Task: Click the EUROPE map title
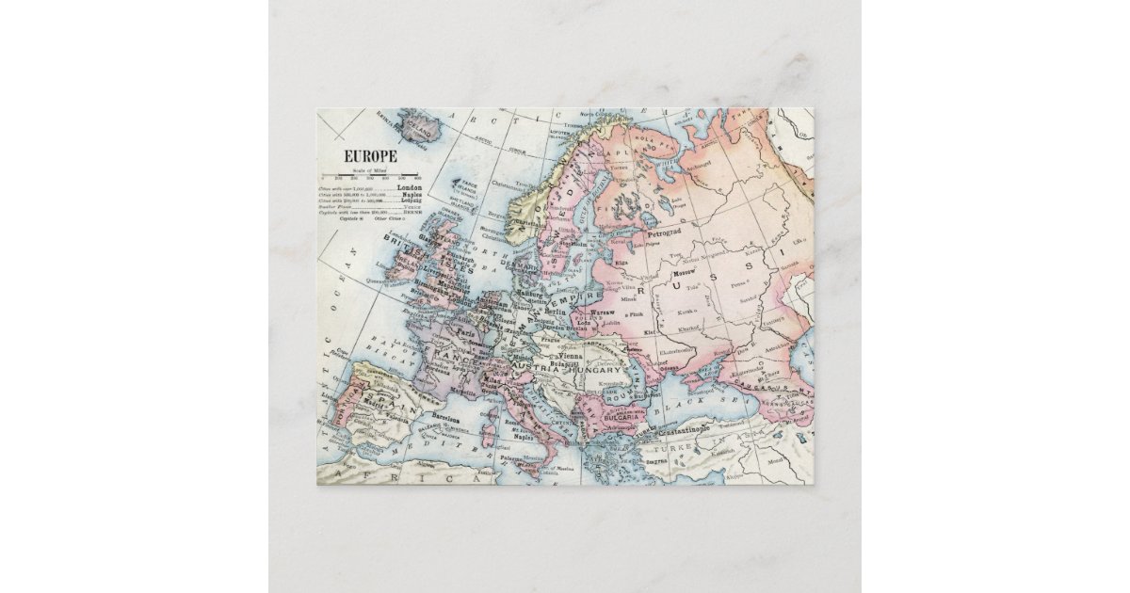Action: [x=370, y=155]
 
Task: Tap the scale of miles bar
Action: [x=369, y=174]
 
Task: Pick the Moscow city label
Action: [x=685, y=273]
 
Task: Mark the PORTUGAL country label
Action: [x=335, y=414]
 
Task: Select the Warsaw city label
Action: [x=603, y=312]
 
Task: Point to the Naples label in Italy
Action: [x=523, y=438]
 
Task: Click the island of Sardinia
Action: [x=488, y=435]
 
